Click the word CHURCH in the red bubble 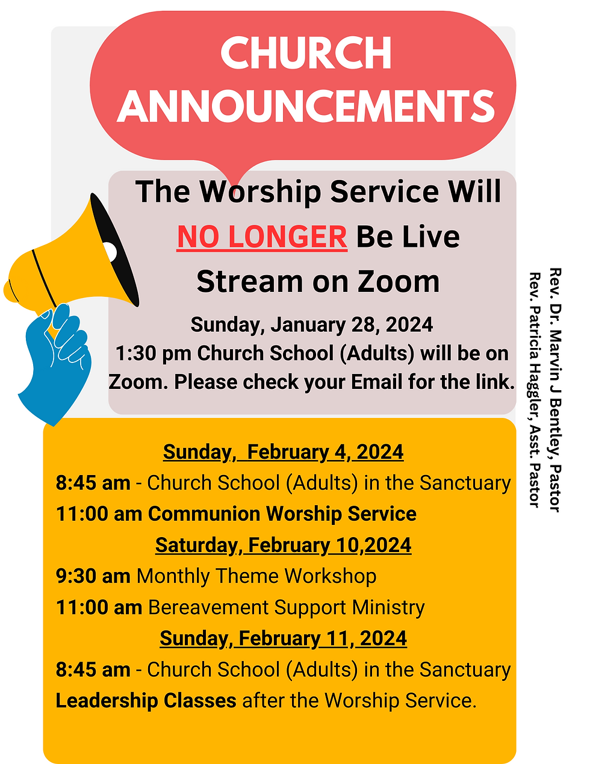tap(306, 53)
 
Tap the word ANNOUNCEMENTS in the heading tap(306, 106)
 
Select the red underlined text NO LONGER tap(262, 237)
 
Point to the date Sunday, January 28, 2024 tap(311, 325)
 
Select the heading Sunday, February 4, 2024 tap(283, 452)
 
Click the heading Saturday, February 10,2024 tap(283, 545)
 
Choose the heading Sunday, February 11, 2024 tap(283, 638)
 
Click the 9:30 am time tap(93, 576)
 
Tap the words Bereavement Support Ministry tap(286, 607)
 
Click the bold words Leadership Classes tap(146, 701)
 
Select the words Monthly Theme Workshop tap(256, 576)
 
